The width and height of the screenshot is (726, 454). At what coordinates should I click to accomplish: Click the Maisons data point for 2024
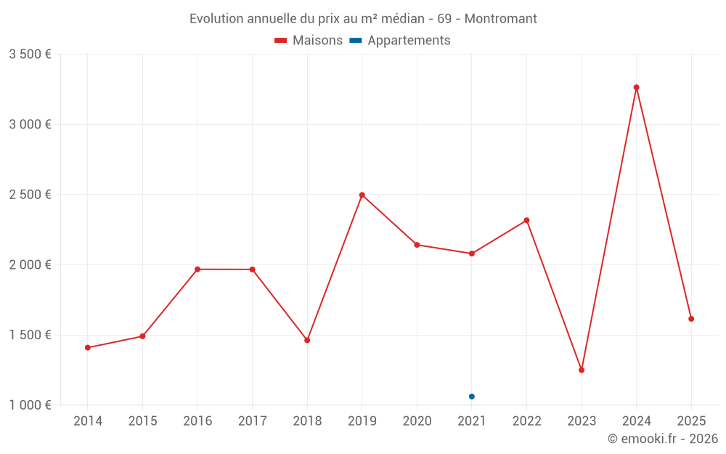(636, 87)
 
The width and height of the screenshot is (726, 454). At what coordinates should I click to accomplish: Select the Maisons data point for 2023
(582, 370)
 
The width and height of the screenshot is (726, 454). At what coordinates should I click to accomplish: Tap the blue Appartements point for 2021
(472, 397)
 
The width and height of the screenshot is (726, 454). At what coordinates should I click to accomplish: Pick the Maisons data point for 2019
(362, 195)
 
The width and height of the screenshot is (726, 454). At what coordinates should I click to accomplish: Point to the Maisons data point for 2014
(88, 347)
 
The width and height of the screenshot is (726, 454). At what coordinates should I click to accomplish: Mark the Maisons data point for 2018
(307, 340)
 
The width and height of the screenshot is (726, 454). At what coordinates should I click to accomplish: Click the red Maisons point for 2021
(472, 254)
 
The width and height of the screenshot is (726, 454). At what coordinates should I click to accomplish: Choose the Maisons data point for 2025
(691, 319)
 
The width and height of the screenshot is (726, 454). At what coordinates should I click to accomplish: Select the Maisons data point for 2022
(526, 220)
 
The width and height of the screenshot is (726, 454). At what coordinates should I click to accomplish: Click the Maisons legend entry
(309, 41)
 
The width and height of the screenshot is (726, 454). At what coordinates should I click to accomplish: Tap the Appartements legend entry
(401, 41)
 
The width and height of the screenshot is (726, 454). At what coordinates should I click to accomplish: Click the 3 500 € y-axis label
(30, 54)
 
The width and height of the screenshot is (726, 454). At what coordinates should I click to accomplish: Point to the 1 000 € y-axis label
(30, 405)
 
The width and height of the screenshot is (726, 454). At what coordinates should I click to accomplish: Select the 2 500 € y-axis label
(30, 195)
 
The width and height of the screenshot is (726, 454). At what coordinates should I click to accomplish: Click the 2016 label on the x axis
(197, 421)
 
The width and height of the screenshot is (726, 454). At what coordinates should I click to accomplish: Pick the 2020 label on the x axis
(417, 421)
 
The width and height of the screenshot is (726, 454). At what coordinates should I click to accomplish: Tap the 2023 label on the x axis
(582, 421)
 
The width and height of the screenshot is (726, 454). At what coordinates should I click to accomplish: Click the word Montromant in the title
(500, 19)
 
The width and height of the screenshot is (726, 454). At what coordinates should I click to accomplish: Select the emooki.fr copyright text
(663, 439)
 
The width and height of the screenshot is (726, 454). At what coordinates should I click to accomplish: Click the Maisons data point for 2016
(197, 269)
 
